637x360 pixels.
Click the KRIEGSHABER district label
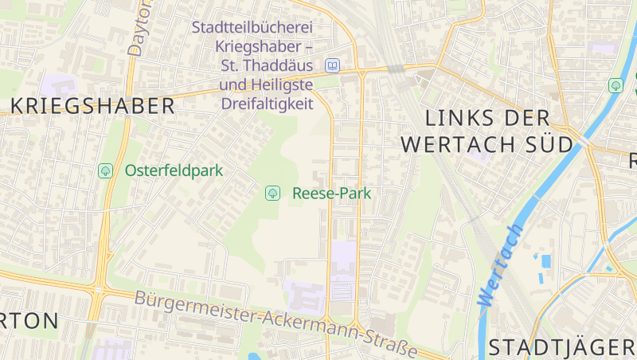tap(93, 106)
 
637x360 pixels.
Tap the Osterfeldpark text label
tap(174, 170)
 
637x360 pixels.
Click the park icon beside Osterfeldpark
tap(105, 170)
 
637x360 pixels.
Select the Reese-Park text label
tap(332, 193)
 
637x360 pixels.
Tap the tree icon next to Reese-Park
tap(272, 193)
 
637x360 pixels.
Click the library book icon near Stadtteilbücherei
tap(332, 65)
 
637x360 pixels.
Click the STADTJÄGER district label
tap(561, 347)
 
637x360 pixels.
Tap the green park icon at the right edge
tap(616, 84)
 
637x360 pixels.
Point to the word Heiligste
tap(281, 84)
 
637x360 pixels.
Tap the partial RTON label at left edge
tap(29, 321)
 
